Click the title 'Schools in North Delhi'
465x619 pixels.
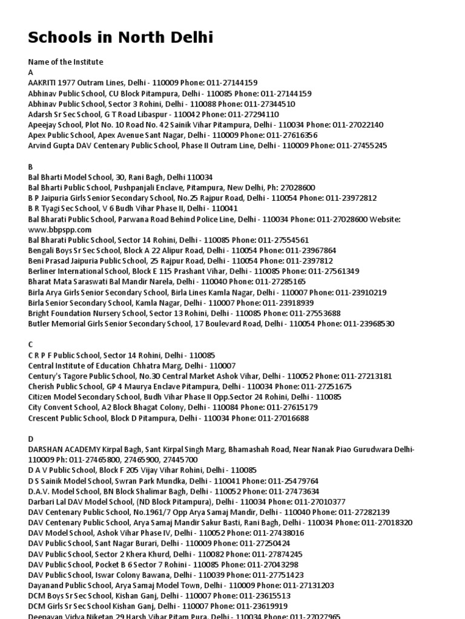point(120,38)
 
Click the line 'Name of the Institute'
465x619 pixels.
point(65,62)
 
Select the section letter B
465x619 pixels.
point(31,166)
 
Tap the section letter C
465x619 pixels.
point(31,345)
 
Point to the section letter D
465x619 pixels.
point(31,439)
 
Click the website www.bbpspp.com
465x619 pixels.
point(60,230)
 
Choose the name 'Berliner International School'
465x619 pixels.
point(78,271)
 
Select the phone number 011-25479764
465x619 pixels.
point(291,481)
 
